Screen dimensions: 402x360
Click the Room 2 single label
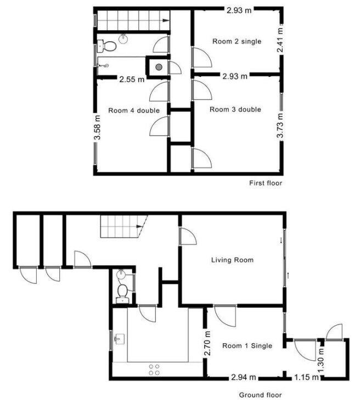pyautogui.click(x=237, y=41)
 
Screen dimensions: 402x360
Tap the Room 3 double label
pyautogui.click(x=235, y=109)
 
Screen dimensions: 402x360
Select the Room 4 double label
pyautogui.click(x=134, y=110)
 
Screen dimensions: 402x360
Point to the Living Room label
pyautogui.click(x=233, y=260)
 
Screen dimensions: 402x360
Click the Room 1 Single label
pyautogui.click(x=247, y=345)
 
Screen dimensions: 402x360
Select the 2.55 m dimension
pyautogui.click(x=132, y=79)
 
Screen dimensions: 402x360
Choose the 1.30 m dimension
pyautogui.click(x=321, y=356)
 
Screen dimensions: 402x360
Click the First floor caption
pyautogui.click(x=266, y=183)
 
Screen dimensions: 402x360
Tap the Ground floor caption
pyautogui.click(x=260, y=395)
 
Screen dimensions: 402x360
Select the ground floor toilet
pyautogui.click(x=123, y=292)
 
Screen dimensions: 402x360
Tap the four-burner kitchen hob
pyautogui.click(x=154, y=370)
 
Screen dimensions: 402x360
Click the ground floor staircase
pyautogui.click(x=122, y=226)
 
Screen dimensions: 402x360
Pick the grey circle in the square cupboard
pyautogui.click(x=158, y=67)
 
